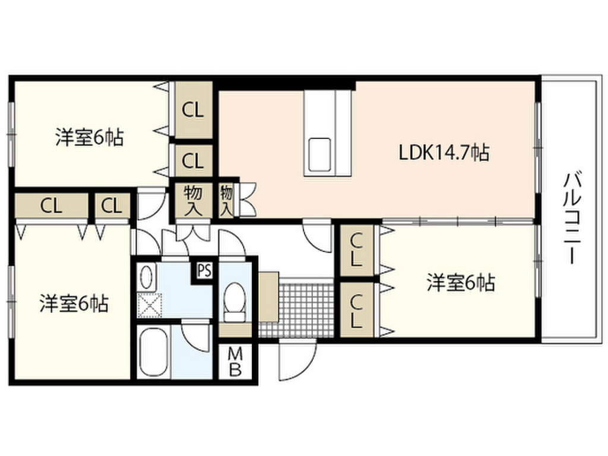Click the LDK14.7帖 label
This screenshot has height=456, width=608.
[444, 153]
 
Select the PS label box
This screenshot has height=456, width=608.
[204, 271]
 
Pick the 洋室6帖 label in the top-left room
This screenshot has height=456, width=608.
[90, 138]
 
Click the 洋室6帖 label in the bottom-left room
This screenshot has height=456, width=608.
[74, 304]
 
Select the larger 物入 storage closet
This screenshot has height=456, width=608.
[192, 199]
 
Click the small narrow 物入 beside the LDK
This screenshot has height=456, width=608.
[227, 200]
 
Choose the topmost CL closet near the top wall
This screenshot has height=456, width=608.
[192, 110]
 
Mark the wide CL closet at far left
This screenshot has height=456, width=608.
[52, 205]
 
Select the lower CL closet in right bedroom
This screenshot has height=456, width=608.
[356, 309]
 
